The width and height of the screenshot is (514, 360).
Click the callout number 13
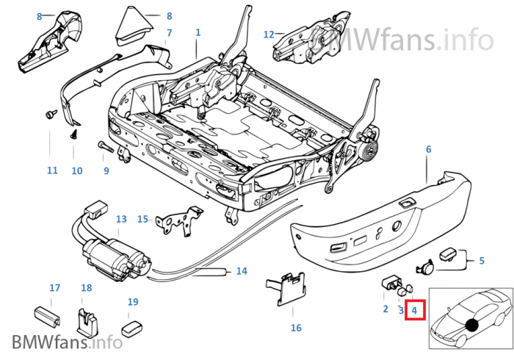tap(121, 219)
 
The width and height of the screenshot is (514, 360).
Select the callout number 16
tap(296, 328)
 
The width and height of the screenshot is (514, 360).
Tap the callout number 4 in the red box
tap(414, 310)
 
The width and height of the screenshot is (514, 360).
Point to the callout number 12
tap(269, 34)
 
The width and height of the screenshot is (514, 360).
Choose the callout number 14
tap(242, 271)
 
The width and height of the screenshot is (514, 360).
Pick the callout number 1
tap(198, 32)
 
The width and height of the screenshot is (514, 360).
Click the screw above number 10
tap(75, 136)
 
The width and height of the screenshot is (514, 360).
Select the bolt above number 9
tap(103, 147)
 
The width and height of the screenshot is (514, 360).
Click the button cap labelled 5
tap(449, 255)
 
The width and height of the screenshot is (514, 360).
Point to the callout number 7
tap(169, 33)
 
